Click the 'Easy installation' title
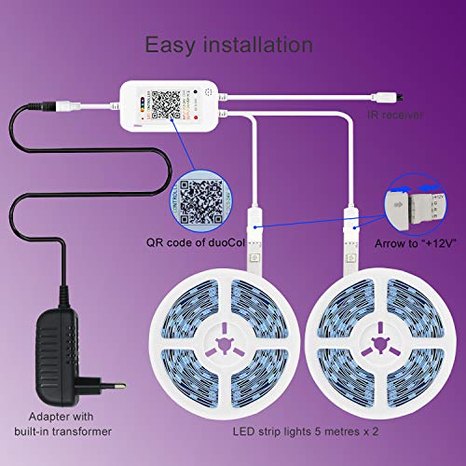tap(228, 45)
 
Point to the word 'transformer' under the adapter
tap(80, 432)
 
